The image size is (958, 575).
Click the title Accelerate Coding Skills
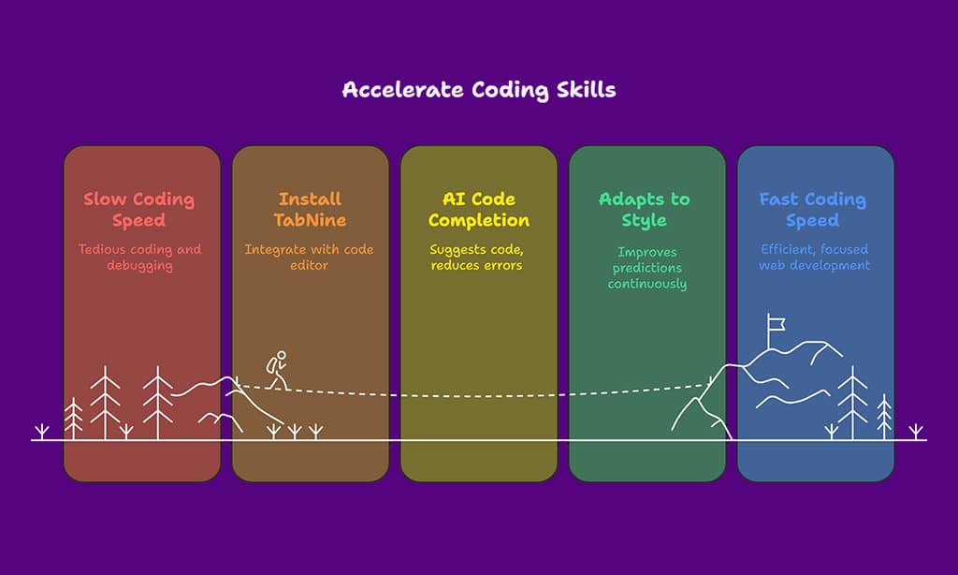point(479,90)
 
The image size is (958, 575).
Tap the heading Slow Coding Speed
point(138,210)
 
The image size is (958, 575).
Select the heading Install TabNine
point(311,210)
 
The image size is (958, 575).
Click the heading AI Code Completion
point(479,210)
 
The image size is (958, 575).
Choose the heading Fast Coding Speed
point(812,210)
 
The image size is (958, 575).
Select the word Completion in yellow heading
point(479,221)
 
